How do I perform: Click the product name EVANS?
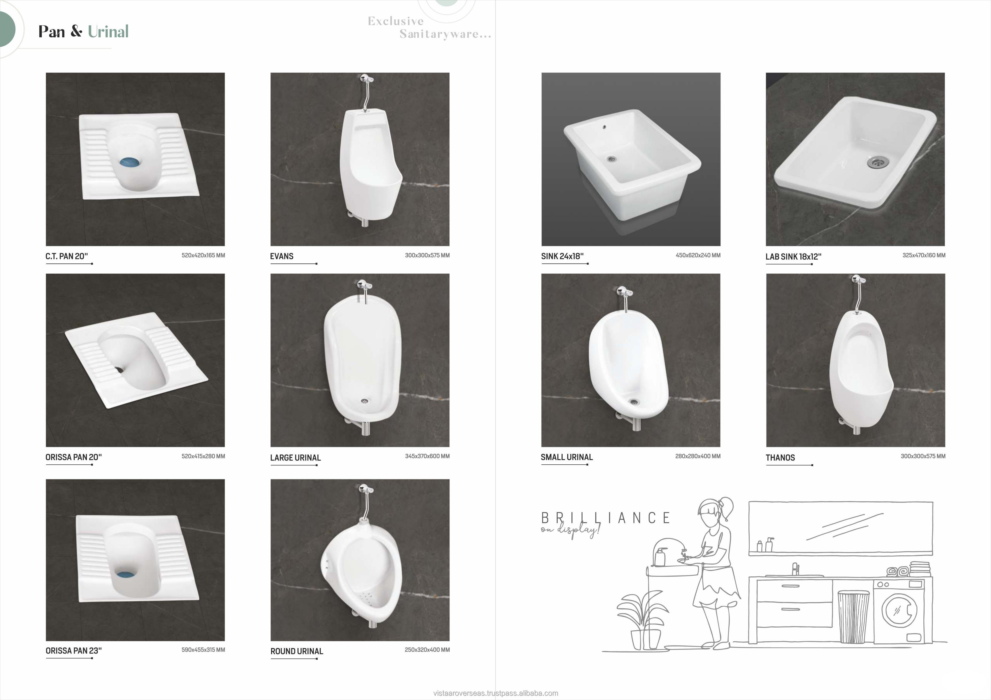coord(282,256)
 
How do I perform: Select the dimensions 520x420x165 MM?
coord(203,255)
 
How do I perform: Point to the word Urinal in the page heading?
coord(108,32)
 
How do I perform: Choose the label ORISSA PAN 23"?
coord(74,650)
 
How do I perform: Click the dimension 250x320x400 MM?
coord(427,650)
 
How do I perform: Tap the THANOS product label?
coord(780,458)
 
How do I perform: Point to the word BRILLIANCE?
coord(606,518)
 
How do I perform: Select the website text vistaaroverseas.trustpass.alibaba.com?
coord(495,693)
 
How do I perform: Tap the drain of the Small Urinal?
coord(634,402)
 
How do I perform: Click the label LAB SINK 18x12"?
coord(793,256)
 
